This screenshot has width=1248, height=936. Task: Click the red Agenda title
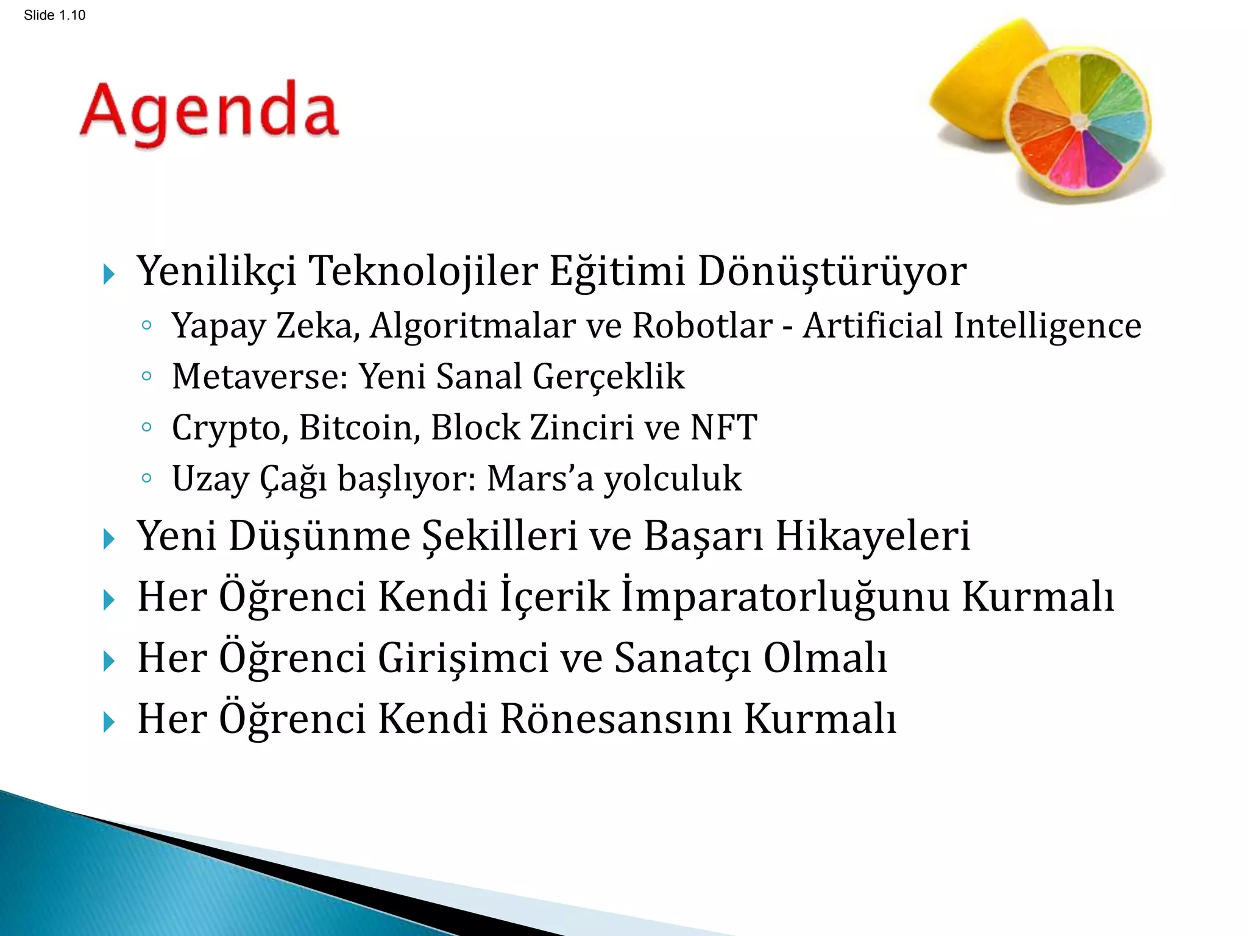click(x=209, y=113)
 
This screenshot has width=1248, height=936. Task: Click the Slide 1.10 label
click(x=54, y=15)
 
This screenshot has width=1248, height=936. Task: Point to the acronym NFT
click(x=723, y=428)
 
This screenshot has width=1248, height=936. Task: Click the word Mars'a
click(x=540, y=479)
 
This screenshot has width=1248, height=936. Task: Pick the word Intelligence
click(x=1047, y=326)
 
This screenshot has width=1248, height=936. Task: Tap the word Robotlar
click(x=702, y=326)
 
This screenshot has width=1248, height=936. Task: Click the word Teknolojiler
click(x=424, y=271)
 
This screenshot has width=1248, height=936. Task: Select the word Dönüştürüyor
click(x=832, y=271)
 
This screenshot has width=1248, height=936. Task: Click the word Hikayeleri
click(x=873, y=537)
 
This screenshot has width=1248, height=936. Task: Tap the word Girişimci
click(x=463, y=659)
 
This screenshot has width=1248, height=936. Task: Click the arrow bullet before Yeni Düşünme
click(x=109, y=539)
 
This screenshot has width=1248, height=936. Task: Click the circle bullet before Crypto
click(x=146, y=427)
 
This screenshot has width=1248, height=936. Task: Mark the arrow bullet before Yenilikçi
click(x=109, y=274)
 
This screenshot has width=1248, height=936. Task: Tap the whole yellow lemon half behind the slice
click(x=981, y=85)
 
